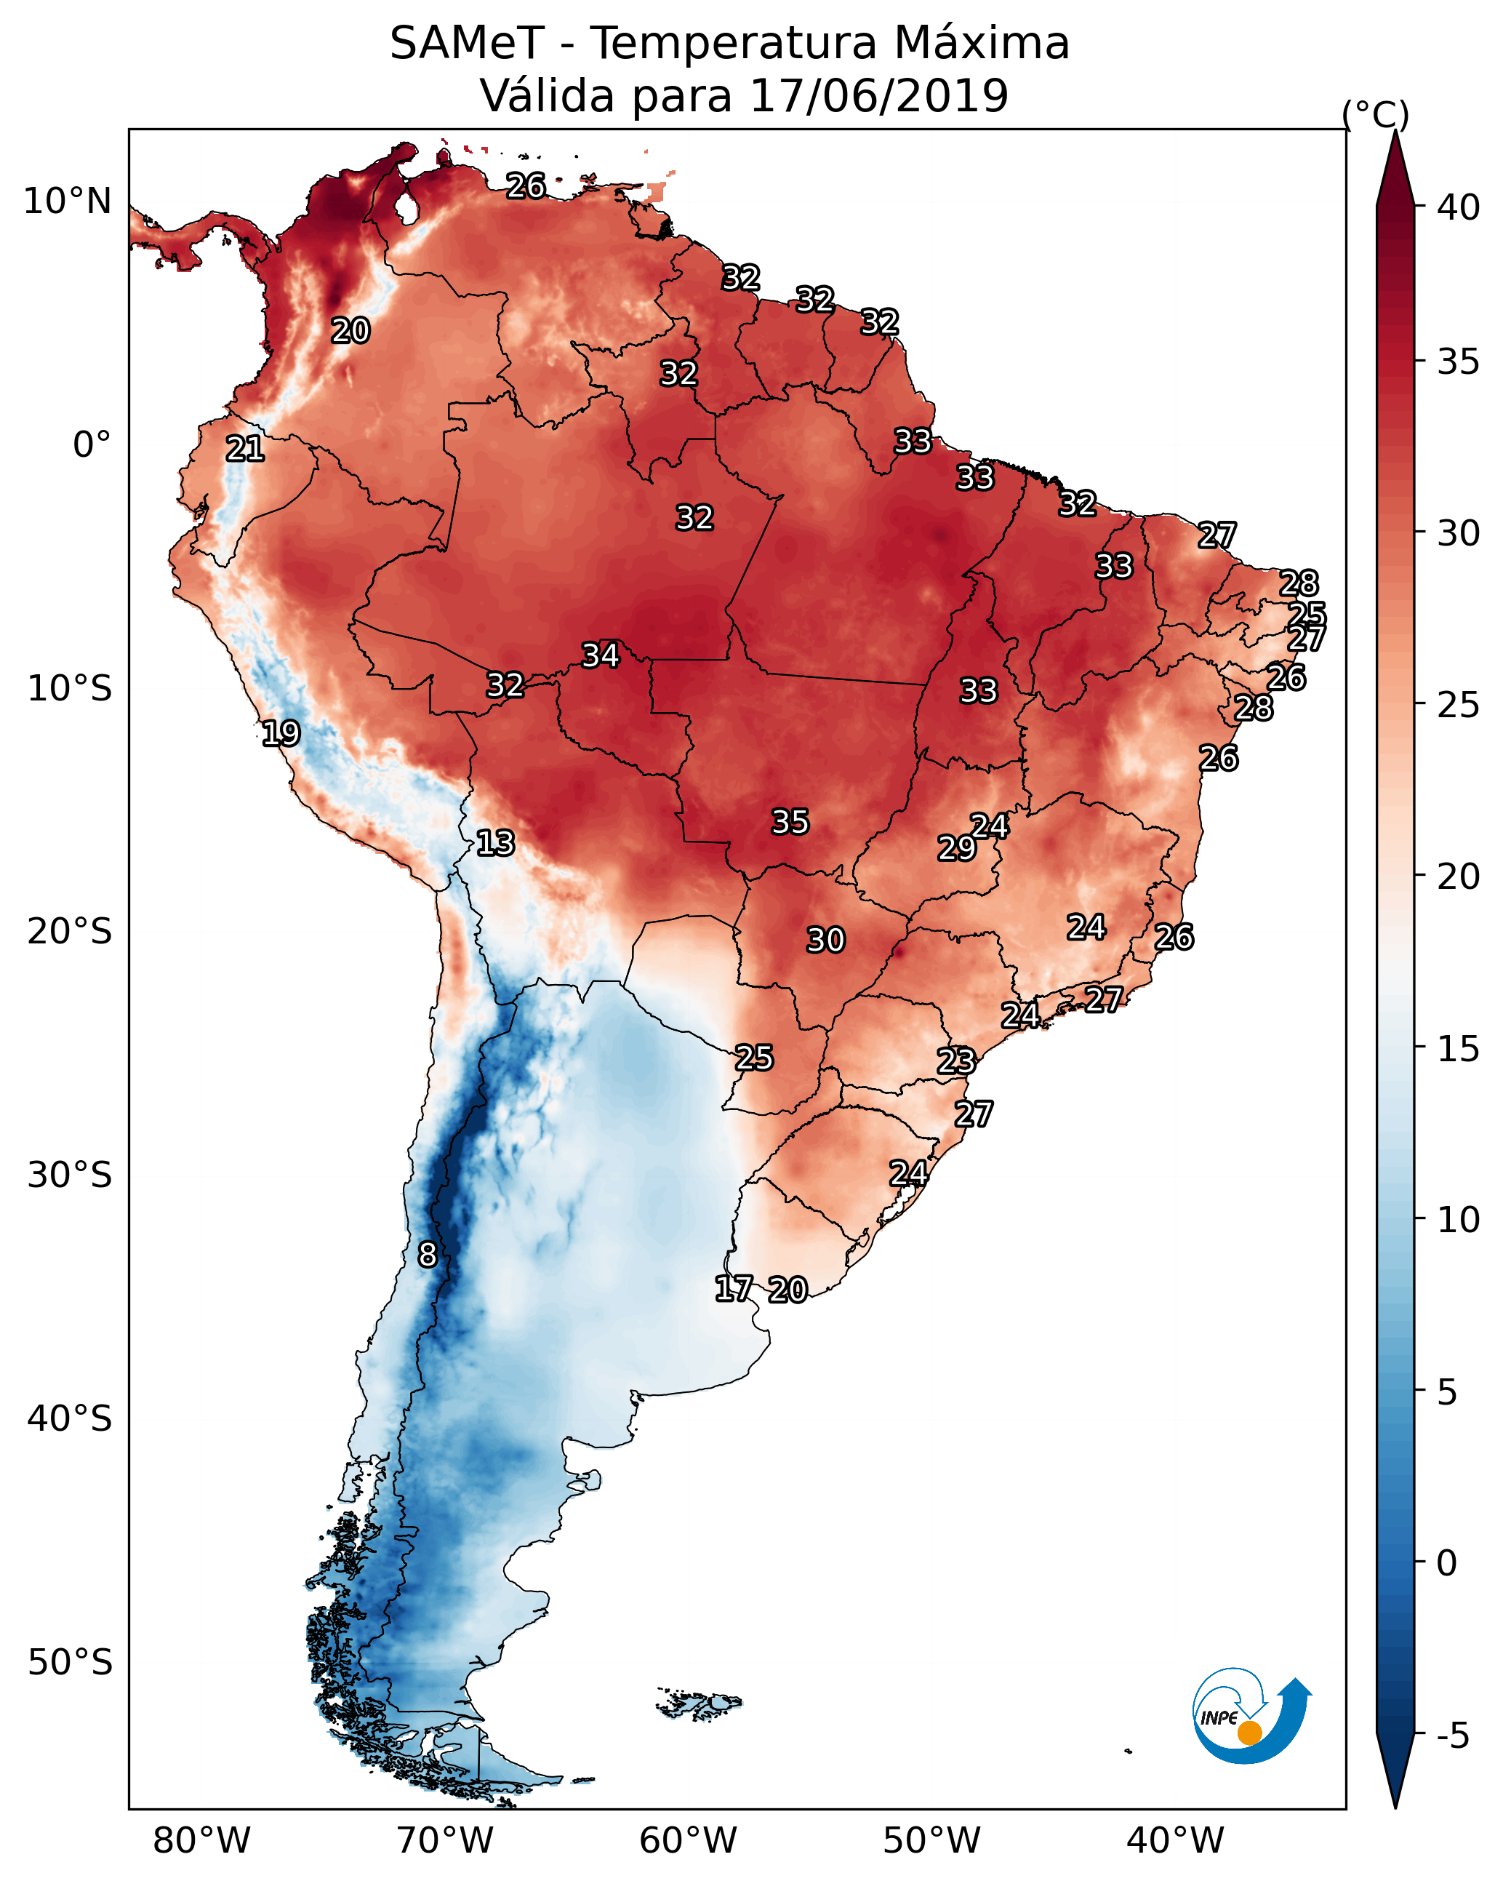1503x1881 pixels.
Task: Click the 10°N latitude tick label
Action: (67, 201)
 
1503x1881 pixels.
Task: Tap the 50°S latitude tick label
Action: (70, 1663)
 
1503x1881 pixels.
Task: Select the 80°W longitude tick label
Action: (201, 1840)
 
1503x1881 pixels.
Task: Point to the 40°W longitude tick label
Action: (1175, 1840)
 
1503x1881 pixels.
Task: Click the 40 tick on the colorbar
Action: (1459, 207)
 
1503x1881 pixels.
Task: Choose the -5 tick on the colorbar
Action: (1452, 1736)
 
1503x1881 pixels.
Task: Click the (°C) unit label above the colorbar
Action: (1375, 114)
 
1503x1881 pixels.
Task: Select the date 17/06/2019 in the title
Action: (878, 96)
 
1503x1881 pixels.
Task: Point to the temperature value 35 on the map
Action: (790, 822)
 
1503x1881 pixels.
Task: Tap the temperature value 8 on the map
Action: (428, 1255)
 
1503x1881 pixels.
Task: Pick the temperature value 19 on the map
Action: (281, 733)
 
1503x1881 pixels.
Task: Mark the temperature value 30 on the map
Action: (825, 940)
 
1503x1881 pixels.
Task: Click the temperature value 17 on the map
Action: (734, 1289)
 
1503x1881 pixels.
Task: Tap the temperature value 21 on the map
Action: (245, 450)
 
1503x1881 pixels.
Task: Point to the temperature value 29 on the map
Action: (956, 848)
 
